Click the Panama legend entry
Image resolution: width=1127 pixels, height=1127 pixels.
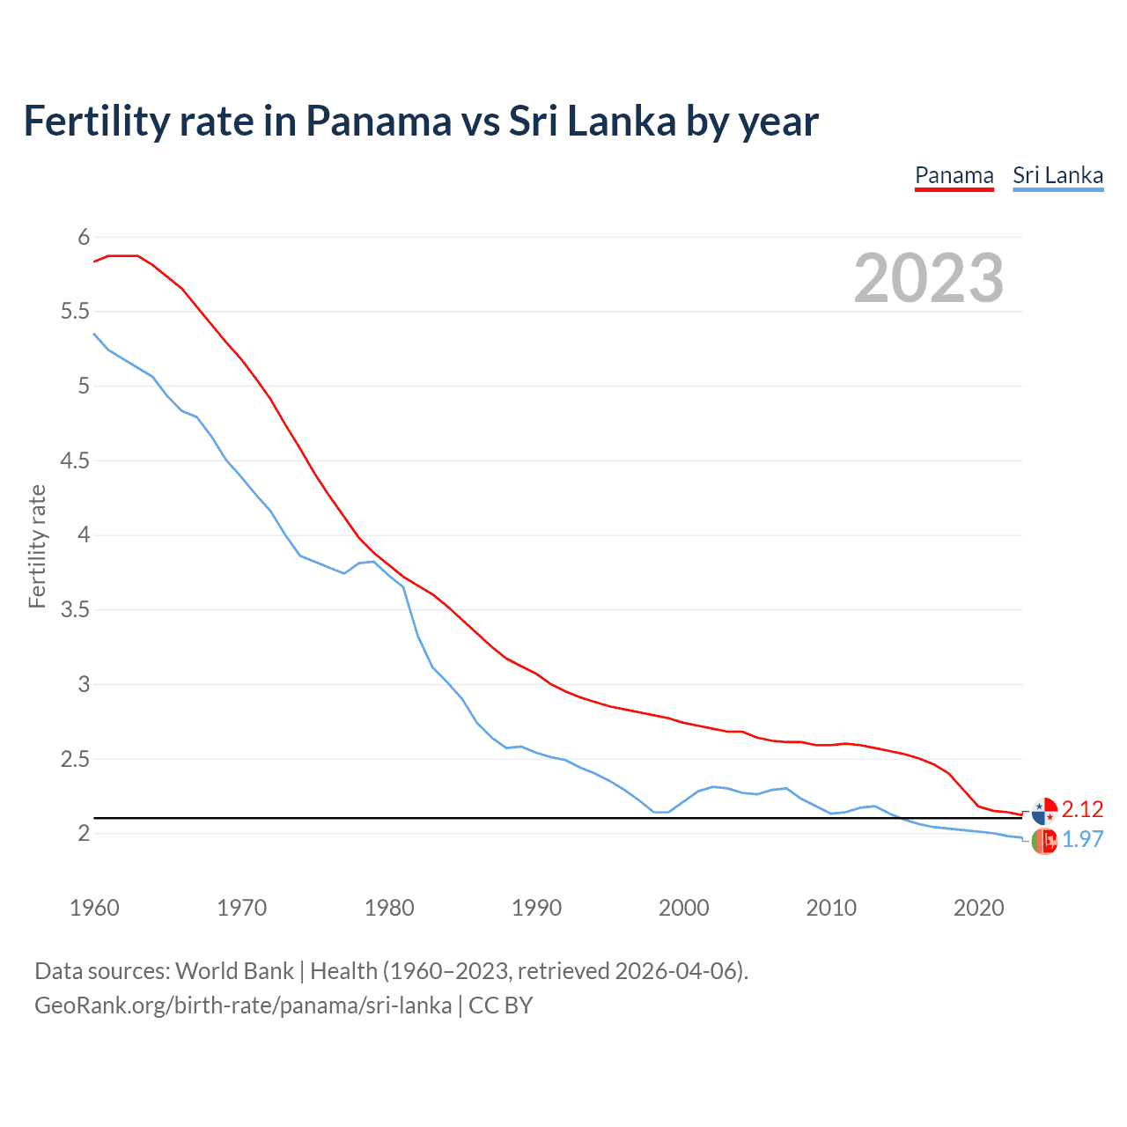954,175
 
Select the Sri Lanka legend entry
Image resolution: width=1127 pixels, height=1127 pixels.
1057,175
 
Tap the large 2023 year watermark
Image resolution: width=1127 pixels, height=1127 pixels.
929,278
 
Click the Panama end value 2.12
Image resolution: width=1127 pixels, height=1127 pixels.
1082,809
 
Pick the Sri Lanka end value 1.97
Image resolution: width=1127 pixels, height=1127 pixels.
1082,839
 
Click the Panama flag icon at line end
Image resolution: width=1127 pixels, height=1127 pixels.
1044,810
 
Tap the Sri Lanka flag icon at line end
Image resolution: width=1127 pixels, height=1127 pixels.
1044,841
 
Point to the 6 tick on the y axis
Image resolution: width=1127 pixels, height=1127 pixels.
84,237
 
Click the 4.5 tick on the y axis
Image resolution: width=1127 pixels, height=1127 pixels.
75,460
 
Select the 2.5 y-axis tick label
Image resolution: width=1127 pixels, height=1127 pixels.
75,759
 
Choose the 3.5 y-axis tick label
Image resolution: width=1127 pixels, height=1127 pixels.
75,609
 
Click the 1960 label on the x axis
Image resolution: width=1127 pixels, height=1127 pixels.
94,908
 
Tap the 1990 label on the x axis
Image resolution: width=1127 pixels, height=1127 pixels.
536,908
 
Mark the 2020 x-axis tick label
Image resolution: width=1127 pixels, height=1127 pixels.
978,908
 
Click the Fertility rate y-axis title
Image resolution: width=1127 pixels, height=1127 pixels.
37,546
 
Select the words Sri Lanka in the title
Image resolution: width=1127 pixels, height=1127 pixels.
592,121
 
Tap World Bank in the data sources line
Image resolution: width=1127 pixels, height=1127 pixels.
234,971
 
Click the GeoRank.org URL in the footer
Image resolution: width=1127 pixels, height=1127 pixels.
243,1005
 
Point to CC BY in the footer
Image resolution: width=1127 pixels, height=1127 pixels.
500,1005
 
